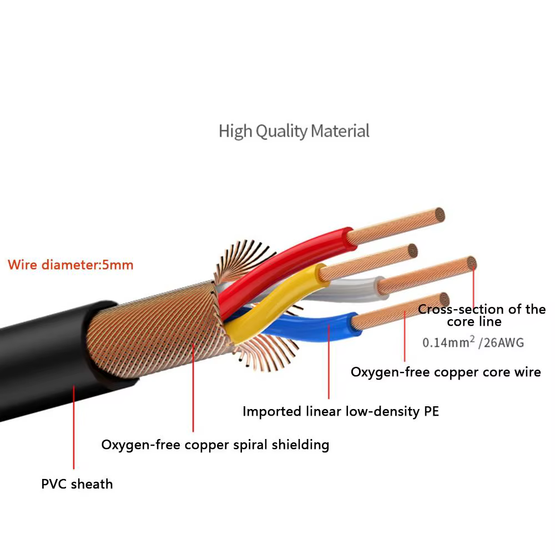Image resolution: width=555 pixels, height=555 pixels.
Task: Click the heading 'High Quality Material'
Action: point(294,132)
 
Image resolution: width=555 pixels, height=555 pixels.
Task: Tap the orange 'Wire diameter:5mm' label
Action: point(70,265)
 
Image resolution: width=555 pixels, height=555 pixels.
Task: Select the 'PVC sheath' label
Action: point(77,484)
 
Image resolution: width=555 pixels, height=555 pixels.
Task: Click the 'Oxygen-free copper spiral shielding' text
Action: point(215,445)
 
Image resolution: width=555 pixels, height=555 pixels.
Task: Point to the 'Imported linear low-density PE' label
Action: point(340,412)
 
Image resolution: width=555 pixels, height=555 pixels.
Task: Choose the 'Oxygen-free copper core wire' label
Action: point(445,372)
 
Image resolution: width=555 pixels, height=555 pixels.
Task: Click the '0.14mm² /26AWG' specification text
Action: point(473,342)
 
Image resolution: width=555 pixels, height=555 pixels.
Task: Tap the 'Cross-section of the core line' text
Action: point(481,315)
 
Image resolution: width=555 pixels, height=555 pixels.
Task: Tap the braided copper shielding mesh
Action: point(161,333)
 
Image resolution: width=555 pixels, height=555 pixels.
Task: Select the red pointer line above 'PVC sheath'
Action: point(74,427)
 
